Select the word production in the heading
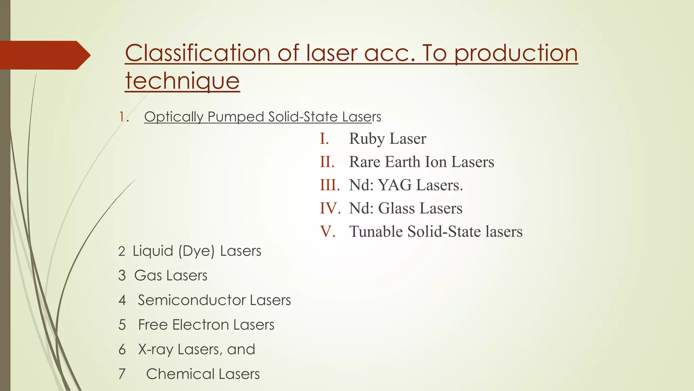coord(516,53)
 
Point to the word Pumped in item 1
coord(236,117)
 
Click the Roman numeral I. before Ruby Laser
coord(324,138)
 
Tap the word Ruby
coord(367,138)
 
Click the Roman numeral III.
coord(330,185)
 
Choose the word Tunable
coord(376,231)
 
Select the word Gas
coord(148,276)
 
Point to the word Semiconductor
coord(191,300)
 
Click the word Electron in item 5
coord(200,325)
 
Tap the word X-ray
coord(156,350)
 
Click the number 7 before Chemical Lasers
coord(122,374)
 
